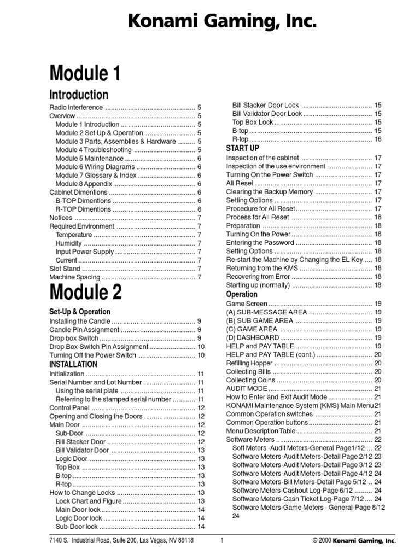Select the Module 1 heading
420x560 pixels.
(x=85, y=73)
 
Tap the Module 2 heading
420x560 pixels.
(x=86, y=293)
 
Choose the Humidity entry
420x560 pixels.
(x=69, y=243)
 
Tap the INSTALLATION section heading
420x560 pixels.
(x=73, y=364)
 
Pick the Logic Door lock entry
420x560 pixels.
(x=79, y=518)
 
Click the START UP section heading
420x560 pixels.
(x=242, y=148)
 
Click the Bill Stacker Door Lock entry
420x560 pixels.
(x=265, y=105)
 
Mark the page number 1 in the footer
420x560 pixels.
(x=223, y=540)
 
